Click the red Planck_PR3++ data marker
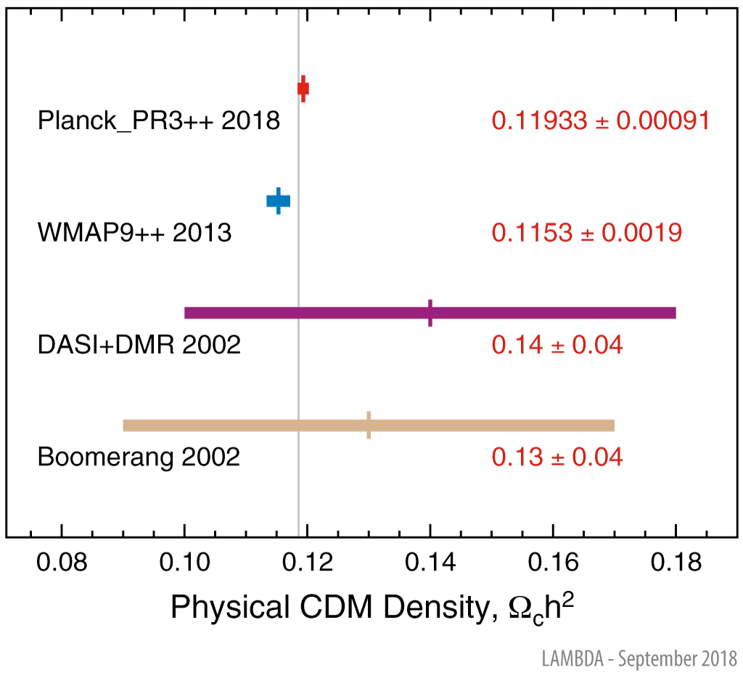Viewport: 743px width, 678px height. [303, 88]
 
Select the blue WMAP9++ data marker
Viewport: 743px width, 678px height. [279, 201]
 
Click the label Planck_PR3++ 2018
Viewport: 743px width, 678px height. [159, 120]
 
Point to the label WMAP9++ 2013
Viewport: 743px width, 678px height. [134, 233]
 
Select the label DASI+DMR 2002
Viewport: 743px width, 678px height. [139, 345]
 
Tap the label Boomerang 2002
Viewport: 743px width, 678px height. [139, 458]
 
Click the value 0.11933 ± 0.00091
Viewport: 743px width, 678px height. [600, 120]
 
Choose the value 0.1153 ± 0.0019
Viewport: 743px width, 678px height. [586, 233]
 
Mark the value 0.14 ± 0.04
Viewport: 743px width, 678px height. [557, 345]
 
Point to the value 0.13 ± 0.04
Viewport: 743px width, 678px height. [557, 458]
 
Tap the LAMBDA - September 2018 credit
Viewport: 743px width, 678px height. [639, 659]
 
